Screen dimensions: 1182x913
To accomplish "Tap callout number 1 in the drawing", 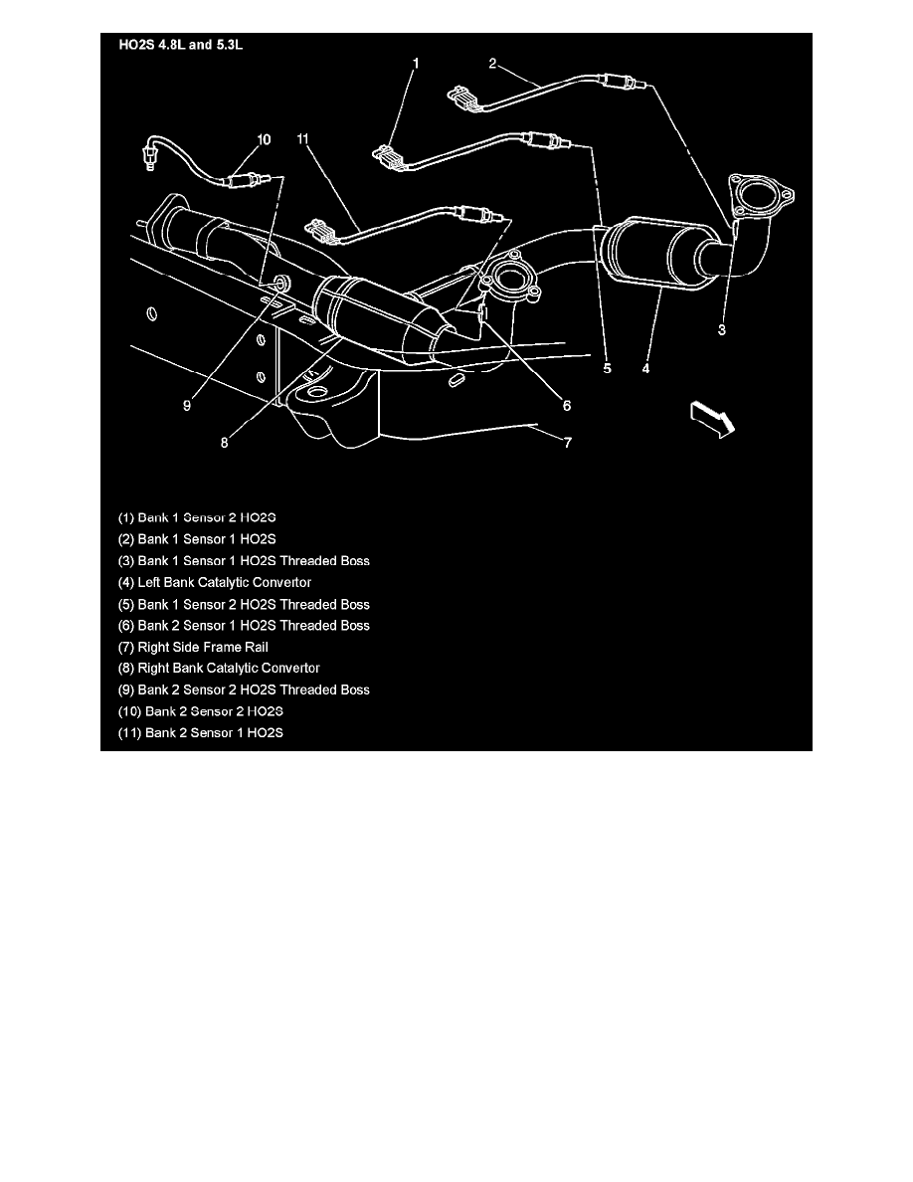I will pos(416,63).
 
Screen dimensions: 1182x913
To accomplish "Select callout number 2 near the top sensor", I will pos(491,63).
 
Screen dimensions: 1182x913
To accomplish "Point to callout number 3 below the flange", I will pos(722,329).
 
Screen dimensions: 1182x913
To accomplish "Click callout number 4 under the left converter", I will pos(645,368).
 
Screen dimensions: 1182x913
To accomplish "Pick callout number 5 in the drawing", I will pos(607,368).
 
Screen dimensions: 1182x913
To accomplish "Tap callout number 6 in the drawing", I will pos(567,405).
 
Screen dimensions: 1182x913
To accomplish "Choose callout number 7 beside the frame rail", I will pos(567,443).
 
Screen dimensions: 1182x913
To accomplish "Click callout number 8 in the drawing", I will pos(225,444).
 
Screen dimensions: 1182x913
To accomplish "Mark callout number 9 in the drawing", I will pos(186,405).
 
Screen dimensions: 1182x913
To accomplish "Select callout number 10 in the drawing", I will pos(264,140).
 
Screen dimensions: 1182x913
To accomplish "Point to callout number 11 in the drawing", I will pos(303,140).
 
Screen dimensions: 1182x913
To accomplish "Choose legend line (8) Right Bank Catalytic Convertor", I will pos(219,668).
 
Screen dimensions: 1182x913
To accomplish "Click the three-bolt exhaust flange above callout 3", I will pos(762,195).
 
